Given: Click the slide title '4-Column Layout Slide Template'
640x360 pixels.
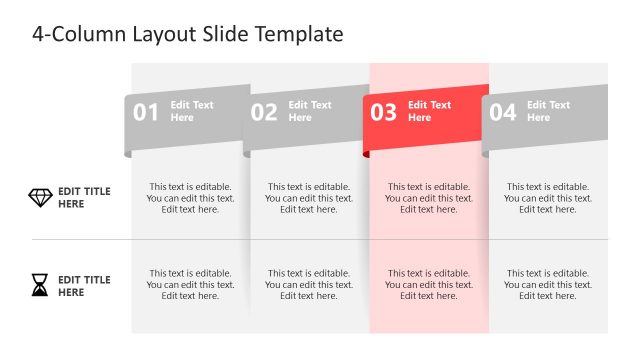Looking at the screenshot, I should coord(188,34).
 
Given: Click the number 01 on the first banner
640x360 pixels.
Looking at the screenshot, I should coord(146,113).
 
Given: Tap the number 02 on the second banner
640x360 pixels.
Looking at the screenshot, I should coord(264,113).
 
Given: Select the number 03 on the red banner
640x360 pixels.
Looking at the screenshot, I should coord(384,113).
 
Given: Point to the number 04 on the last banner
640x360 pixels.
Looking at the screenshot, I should coord(502,113).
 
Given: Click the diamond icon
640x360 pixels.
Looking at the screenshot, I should coord(40,198).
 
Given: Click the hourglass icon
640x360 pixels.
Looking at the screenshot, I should coord(39,286).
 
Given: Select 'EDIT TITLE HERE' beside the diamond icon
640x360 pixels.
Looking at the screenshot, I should coord(84,198).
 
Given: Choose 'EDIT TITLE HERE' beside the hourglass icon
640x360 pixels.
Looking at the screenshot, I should coord(84,286).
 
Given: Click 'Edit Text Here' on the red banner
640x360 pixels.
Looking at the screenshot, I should coord(429,111).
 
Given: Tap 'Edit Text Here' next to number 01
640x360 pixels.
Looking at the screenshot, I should coord(191,111).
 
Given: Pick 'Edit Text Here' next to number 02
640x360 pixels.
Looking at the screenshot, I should coord(310,111).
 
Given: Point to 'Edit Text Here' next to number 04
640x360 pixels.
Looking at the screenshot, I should coord(548,111).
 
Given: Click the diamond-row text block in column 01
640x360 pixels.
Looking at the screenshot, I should coord(190,198).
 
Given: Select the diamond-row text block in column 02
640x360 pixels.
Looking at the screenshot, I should coord(309,198).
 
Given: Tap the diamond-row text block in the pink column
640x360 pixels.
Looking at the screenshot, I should coord(429,198).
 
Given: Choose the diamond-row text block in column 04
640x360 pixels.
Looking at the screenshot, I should coord(548,198).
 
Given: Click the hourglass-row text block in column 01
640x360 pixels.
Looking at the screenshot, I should coord(190,285).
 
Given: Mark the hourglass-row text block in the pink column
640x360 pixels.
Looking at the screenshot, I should coord(429,285).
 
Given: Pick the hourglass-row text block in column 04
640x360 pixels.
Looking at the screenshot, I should coord(548,285).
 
